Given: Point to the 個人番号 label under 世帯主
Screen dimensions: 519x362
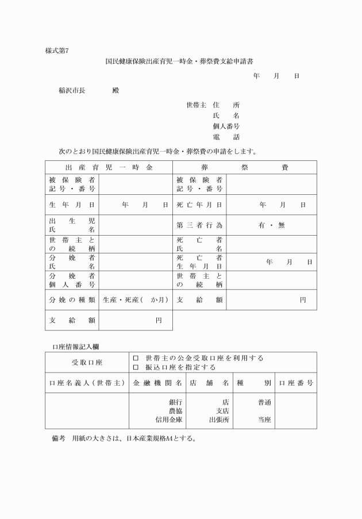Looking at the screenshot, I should pos(226,126).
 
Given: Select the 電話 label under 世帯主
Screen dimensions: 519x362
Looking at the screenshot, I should pos(226,137).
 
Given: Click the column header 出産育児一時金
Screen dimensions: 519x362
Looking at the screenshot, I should pos(109,167).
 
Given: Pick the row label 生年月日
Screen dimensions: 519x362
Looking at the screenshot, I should pos(72,205).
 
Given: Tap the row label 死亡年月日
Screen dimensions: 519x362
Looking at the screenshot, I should pos(199,205).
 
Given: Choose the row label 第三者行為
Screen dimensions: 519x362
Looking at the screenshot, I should pos(199,225).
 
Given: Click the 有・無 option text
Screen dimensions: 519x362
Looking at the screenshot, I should pos(271,225).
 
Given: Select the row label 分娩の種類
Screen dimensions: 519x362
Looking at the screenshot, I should pos(72,299).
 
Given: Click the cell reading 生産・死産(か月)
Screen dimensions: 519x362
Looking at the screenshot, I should pos(136,299).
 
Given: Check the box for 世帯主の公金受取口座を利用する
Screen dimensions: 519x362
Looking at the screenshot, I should pos(136,358).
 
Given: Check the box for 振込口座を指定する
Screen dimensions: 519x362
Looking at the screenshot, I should pos(136,367).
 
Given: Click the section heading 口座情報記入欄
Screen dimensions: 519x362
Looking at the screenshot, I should pos(75,347).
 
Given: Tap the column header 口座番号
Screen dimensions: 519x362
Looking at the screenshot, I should pos(296,383).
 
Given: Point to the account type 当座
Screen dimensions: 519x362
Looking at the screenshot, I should pos(265,420).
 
